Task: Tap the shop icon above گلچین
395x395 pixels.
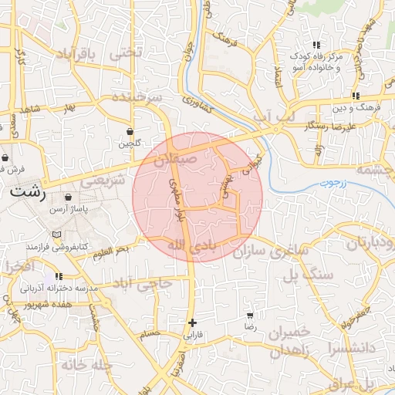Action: click(x=130, y=131)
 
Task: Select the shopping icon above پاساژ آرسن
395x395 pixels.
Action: click(x=69, y=197)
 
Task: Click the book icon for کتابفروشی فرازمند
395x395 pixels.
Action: click(x=55, y=234)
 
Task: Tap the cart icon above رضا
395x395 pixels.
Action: click(x=250, y=316)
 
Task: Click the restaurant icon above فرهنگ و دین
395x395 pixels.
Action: click(x=354, y=96)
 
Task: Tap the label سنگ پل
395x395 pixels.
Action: click(x=308, y=273)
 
